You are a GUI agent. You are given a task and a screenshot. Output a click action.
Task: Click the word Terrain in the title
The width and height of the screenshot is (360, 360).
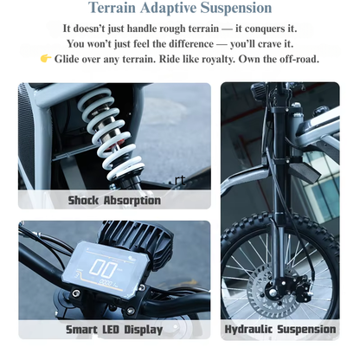[x=112, y=8]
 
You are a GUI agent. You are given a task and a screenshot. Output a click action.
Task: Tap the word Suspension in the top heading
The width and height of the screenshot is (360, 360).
[x=236, y=8]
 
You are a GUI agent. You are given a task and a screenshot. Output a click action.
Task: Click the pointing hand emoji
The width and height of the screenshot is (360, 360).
[x=46, y=59]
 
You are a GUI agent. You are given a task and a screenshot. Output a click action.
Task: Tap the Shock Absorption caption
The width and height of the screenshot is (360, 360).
[x=114, y=200]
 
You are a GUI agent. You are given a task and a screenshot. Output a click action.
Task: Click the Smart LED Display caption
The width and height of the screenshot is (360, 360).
[x=114, y=330]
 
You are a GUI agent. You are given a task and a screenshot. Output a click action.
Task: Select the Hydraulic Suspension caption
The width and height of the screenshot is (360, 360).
[x=280, y=329]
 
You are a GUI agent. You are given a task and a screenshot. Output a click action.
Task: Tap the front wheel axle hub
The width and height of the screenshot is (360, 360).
[x=273, y=292]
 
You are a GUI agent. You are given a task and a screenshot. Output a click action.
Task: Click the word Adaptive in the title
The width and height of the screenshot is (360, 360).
[x=168, y=9]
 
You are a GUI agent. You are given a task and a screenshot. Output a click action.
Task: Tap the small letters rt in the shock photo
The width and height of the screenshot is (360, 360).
[x=180, y=180]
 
